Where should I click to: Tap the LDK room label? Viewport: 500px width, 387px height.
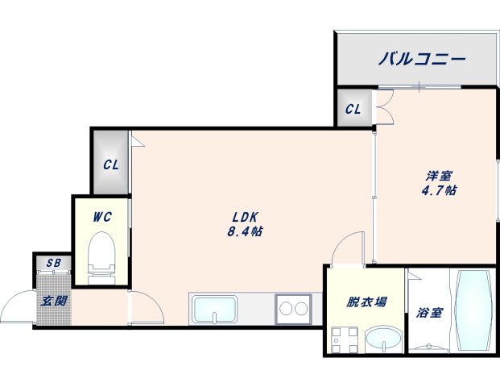tap(245, 216)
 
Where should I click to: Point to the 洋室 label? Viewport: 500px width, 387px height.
tap(439, 175)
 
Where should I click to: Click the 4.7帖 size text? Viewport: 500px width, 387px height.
tap(440, 191)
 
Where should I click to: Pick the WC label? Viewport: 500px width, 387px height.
tap(101, 215)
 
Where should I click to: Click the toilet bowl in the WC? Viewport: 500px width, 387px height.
tap(101, 252)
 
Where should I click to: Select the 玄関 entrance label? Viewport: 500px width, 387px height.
tap(55, 302)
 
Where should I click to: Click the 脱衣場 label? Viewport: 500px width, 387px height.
tap(367, 302)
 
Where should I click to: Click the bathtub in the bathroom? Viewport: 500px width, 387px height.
tap(473, 310)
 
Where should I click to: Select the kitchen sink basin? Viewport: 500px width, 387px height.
tap(213, 309)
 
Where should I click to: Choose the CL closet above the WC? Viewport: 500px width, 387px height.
tap(111, 165)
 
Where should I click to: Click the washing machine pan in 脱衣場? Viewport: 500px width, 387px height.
tap(343, 340)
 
